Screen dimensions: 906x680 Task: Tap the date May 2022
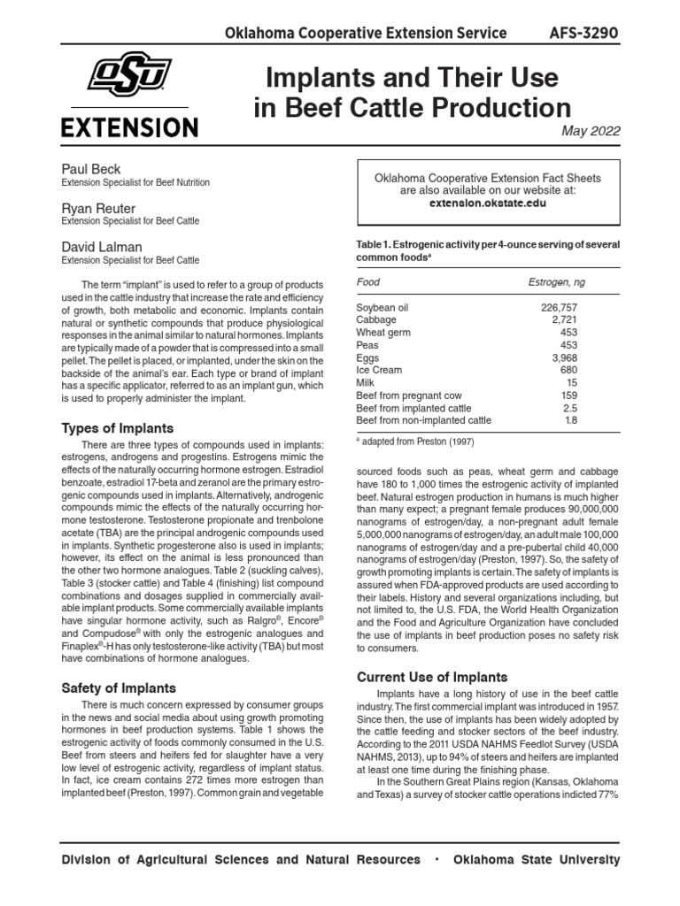591,131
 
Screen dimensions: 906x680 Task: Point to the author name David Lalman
101,246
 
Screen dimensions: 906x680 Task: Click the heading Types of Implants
117,428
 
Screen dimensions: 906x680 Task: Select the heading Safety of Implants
119,687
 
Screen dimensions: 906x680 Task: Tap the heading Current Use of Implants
431,677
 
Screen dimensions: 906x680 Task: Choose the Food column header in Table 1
367,281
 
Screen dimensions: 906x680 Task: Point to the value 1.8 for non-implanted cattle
570,420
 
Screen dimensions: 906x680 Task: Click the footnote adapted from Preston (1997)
404,440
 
